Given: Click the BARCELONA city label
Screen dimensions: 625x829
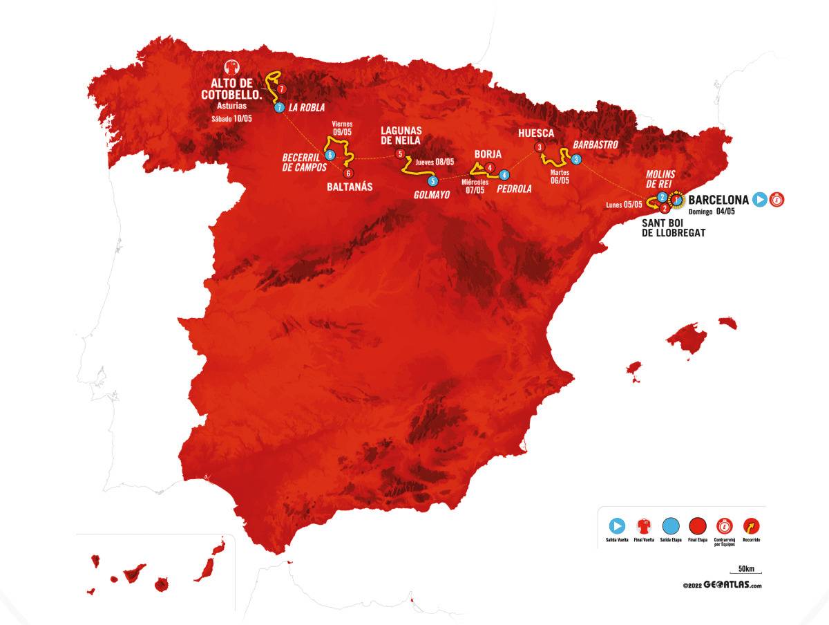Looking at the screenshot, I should tap(718, 200).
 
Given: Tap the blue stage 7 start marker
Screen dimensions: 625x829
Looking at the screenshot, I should tap(279, 108).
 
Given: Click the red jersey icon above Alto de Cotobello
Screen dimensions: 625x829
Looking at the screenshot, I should tap(231, 68).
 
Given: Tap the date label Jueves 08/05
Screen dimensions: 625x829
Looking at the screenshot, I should tap(435, 162).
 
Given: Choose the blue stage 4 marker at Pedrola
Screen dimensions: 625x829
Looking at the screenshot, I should tap(505, 175).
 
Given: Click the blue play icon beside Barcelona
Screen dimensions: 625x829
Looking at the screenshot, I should tap(760, 200).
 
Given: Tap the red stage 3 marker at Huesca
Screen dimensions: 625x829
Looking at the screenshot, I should tap(539, 147).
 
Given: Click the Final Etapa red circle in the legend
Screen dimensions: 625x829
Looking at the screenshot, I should tap(698, 525).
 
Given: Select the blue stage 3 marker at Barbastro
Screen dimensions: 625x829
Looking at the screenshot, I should tap(576, 159).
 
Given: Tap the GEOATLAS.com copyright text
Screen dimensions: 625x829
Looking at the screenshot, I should tap(722, 585).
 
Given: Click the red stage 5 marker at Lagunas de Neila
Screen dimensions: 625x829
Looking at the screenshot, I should tap(399, 153).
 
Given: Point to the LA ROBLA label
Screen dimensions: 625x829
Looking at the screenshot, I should tap(307, 108).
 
